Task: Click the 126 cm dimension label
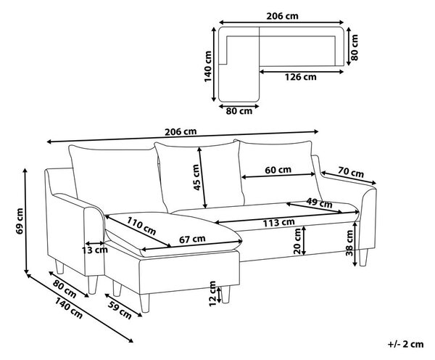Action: pos(301,77)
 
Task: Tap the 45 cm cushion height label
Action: pos(196,178)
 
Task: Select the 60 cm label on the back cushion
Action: pos(278,170)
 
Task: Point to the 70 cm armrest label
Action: pos(351,172)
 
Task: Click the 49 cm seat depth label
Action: pos(319,203)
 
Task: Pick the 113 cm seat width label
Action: pos(278,223)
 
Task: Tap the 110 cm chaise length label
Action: pos(141,226)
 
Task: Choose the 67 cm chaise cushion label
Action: pos(192,239)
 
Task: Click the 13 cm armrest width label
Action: pos(94,250)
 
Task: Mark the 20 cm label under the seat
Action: pos(297,241)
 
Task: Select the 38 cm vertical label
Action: pos(349,243)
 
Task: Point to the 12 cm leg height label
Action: pos(212,294)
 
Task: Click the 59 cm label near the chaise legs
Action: pos(120,310)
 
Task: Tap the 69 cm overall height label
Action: pos(20,221)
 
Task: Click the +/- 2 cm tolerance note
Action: pos(405,345)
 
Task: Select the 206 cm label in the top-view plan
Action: pos(283,16)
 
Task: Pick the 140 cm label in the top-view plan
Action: pos(208,66)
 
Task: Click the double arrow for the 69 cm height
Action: pos(26,221)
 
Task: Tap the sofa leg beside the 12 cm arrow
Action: pos(225,295)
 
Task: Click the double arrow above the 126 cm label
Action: pos(302,72)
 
